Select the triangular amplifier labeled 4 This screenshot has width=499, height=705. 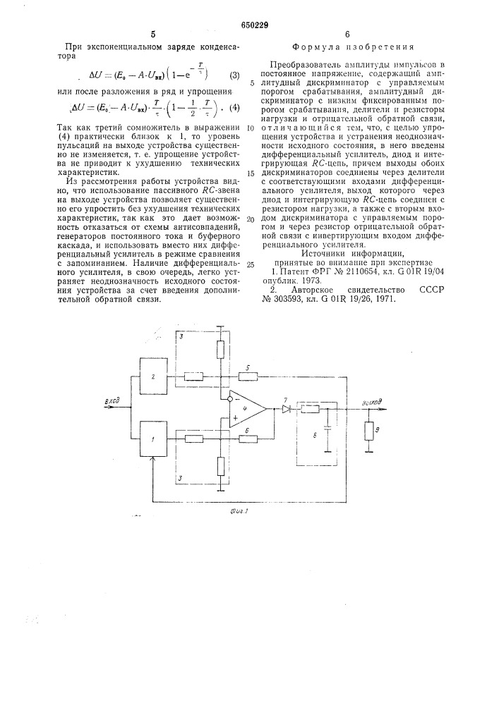(x=245, y=407)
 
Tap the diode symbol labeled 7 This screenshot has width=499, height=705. (x=287, y=408)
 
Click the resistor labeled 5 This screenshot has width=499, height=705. (x=248, y=374)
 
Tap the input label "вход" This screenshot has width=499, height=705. (x=113, y=401)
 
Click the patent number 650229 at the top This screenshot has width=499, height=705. (x=249, y=25)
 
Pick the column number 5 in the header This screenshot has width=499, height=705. (x=153, y=33)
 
